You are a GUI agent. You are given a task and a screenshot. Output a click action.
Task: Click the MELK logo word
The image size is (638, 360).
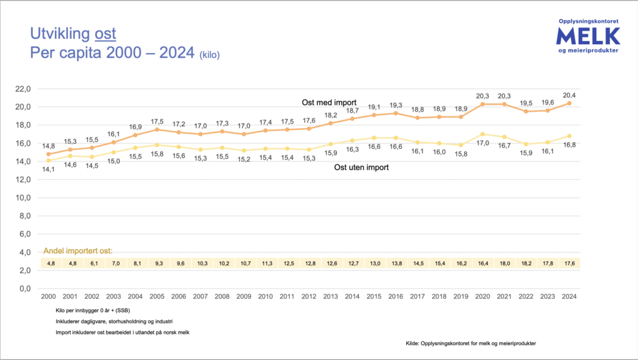tap(588, 36)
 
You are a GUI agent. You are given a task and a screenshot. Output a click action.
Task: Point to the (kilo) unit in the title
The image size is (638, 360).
tap(209, 55)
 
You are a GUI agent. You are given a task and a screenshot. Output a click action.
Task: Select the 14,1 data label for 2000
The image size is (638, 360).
tap(48, 169)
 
